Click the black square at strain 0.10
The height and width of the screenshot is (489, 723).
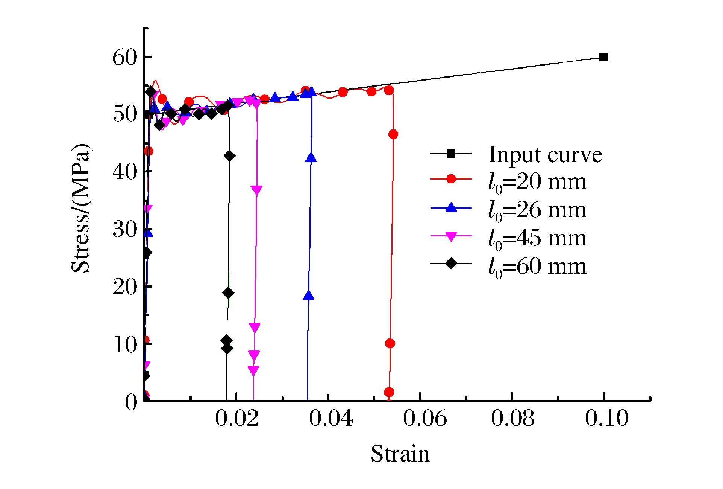603,57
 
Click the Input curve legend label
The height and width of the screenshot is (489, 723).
545,154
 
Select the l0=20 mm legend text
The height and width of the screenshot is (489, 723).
537,182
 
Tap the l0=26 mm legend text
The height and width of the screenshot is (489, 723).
537,210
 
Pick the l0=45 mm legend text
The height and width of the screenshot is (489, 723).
537,238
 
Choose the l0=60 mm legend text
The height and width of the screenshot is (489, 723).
537,267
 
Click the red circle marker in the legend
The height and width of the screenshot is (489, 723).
451,179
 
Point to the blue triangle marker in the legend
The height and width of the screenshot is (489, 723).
451,207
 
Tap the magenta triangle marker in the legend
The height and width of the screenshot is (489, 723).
451,236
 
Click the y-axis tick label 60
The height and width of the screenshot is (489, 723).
125,58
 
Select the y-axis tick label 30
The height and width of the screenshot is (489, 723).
125,229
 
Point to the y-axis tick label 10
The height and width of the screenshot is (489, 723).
125,344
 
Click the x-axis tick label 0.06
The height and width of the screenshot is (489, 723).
425,418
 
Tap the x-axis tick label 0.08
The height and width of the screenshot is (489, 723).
512,418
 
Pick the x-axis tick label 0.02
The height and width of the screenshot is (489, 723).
237,418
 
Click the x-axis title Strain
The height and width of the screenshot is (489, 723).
400,453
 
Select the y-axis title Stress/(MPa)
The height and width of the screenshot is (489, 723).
81,208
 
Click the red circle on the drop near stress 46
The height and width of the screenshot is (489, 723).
393,134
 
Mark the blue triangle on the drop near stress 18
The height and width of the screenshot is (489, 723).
308,296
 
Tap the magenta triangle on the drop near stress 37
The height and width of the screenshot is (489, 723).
256,190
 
